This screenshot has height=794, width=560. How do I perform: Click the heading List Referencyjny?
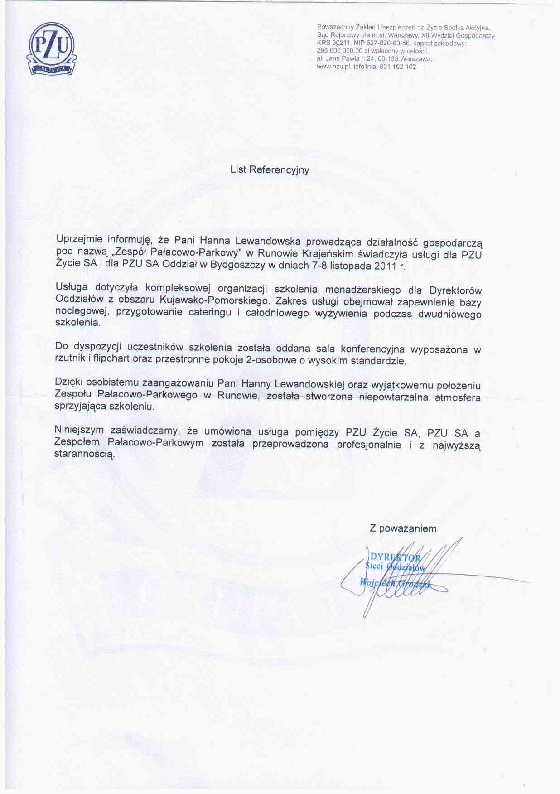pos(270,169)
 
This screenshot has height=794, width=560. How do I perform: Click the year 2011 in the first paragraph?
pos(385,266)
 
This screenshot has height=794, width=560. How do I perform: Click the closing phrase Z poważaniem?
pos(403,528)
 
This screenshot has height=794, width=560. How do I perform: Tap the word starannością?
pos(84,453)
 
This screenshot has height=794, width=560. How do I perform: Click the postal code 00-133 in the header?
pos(386,59)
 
